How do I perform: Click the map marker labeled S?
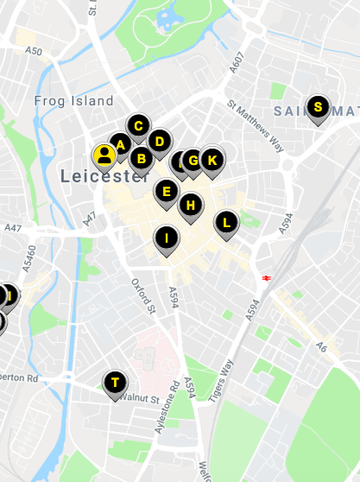point(318,107)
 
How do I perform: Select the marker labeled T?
point(114,382)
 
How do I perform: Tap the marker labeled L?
point(226,223)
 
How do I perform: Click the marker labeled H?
point(191,206)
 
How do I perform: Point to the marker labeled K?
point(212,160)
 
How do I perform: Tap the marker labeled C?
point(137,126)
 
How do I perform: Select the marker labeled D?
point(159,140)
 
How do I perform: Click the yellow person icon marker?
point(104,155)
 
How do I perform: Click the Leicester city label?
point(104,176)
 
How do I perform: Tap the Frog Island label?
point(73,101)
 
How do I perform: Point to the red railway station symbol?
point(266,277)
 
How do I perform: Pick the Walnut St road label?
point(142,398)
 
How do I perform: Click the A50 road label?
point(33,52)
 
